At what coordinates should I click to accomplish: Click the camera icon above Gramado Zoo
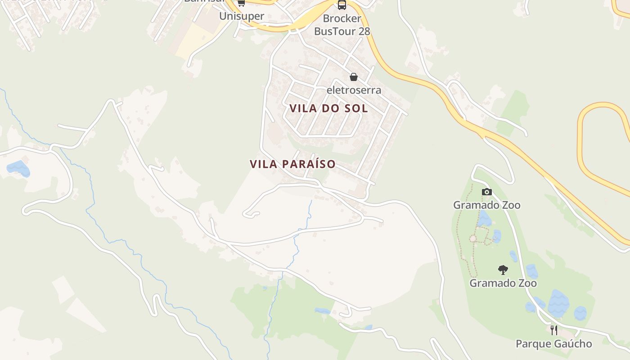pos(486,192)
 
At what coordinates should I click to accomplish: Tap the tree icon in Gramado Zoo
pos(503,270)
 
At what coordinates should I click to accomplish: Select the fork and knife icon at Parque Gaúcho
pos(554,330)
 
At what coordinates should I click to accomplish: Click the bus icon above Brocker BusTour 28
pos(342,5)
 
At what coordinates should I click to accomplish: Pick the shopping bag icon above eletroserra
pos(354,77)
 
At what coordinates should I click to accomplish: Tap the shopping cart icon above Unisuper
pos(241,3)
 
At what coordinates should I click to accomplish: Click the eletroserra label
pos(354,90)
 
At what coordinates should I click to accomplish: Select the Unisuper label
pos(242,16)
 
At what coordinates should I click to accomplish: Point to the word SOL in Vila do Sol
pos(356,108)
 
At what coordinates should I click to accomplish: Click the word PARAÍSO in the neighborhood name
pos(309,164)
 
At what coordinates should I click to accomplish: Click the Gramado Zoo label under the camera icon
pos(486,205)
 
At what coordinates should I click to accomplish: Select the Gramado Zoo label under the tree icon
pos(503,283)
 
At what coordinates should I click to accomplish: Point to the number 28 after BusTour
pos(364,31)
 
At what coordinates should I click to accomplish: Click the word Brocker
pos(342,18)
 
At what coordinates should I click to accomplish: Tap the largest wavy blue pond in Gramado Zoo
pos(558,302)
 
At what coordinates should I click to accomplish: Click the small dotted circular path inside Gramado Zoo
pos(473,238)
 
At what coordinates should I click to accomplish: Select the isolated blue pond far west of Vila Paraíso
pos(18,168)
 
